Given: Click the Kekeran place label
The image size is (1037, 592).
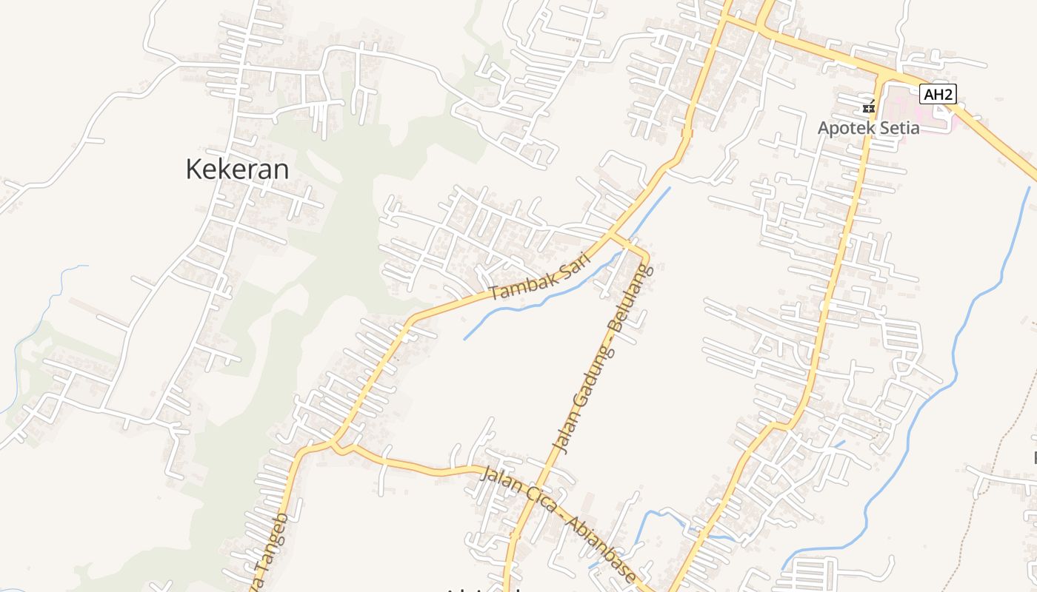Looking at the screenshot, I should click(237, 169).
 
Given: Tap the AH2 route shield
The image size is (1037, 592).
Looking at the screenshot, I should click(938, 94).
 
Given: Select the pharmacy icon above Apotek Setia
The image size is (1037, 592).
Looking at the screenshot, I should click(869, 108).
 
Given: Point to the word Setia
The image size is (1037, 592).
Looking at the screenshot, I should click(898, 128).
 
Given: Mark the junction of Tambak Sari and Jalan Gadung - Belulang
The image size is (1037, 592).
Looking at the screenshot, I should click(613, 235).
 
